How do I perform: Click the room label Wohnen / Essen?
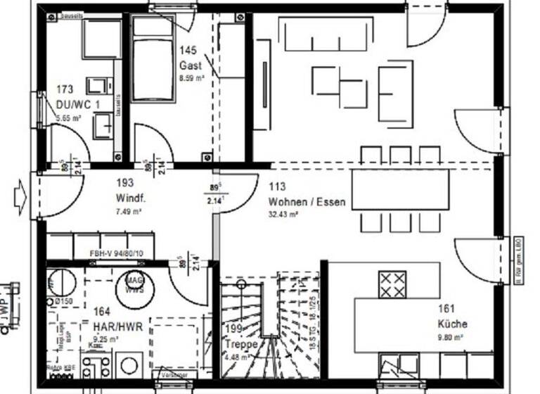307,202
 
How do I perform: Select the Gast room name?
190,65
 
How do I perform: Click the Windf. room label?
130,198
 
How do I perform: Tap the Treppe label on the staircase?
238,345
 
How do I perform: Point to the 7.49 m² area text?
129,210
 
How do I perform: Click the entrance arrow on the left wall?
20,196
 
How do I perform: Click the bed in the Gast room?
153,60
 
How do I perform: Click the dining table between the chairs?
400,189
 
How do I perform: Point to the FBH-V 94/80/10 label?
117,254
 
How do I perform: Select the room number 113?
276,187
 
